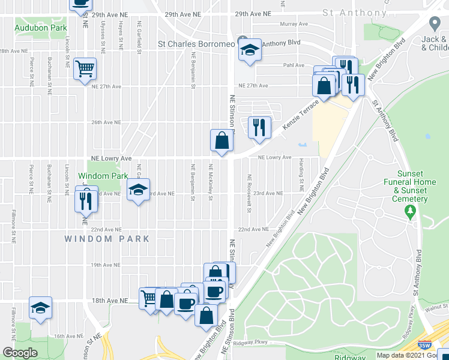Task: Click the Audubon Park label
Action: pos(41,28)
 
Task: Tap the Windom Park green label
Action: pos(103,176)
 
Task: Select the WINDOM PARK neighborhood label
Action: pos(107,238)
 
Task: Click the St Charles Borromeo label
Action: pos(195,43)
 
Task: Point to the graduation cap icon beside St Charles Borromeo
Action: pos(249,50)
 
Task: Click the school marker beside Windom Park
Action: pos(138,191)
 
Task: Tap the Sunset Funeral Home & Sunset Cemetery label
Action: pos(411,190)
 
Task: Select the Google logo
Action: pos(20,353)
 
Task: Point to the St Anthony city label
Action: pos(354,13)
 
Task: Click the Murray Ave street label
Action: pos(294,25)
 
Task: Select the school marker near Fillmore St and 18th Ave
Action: pos(40,308)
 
